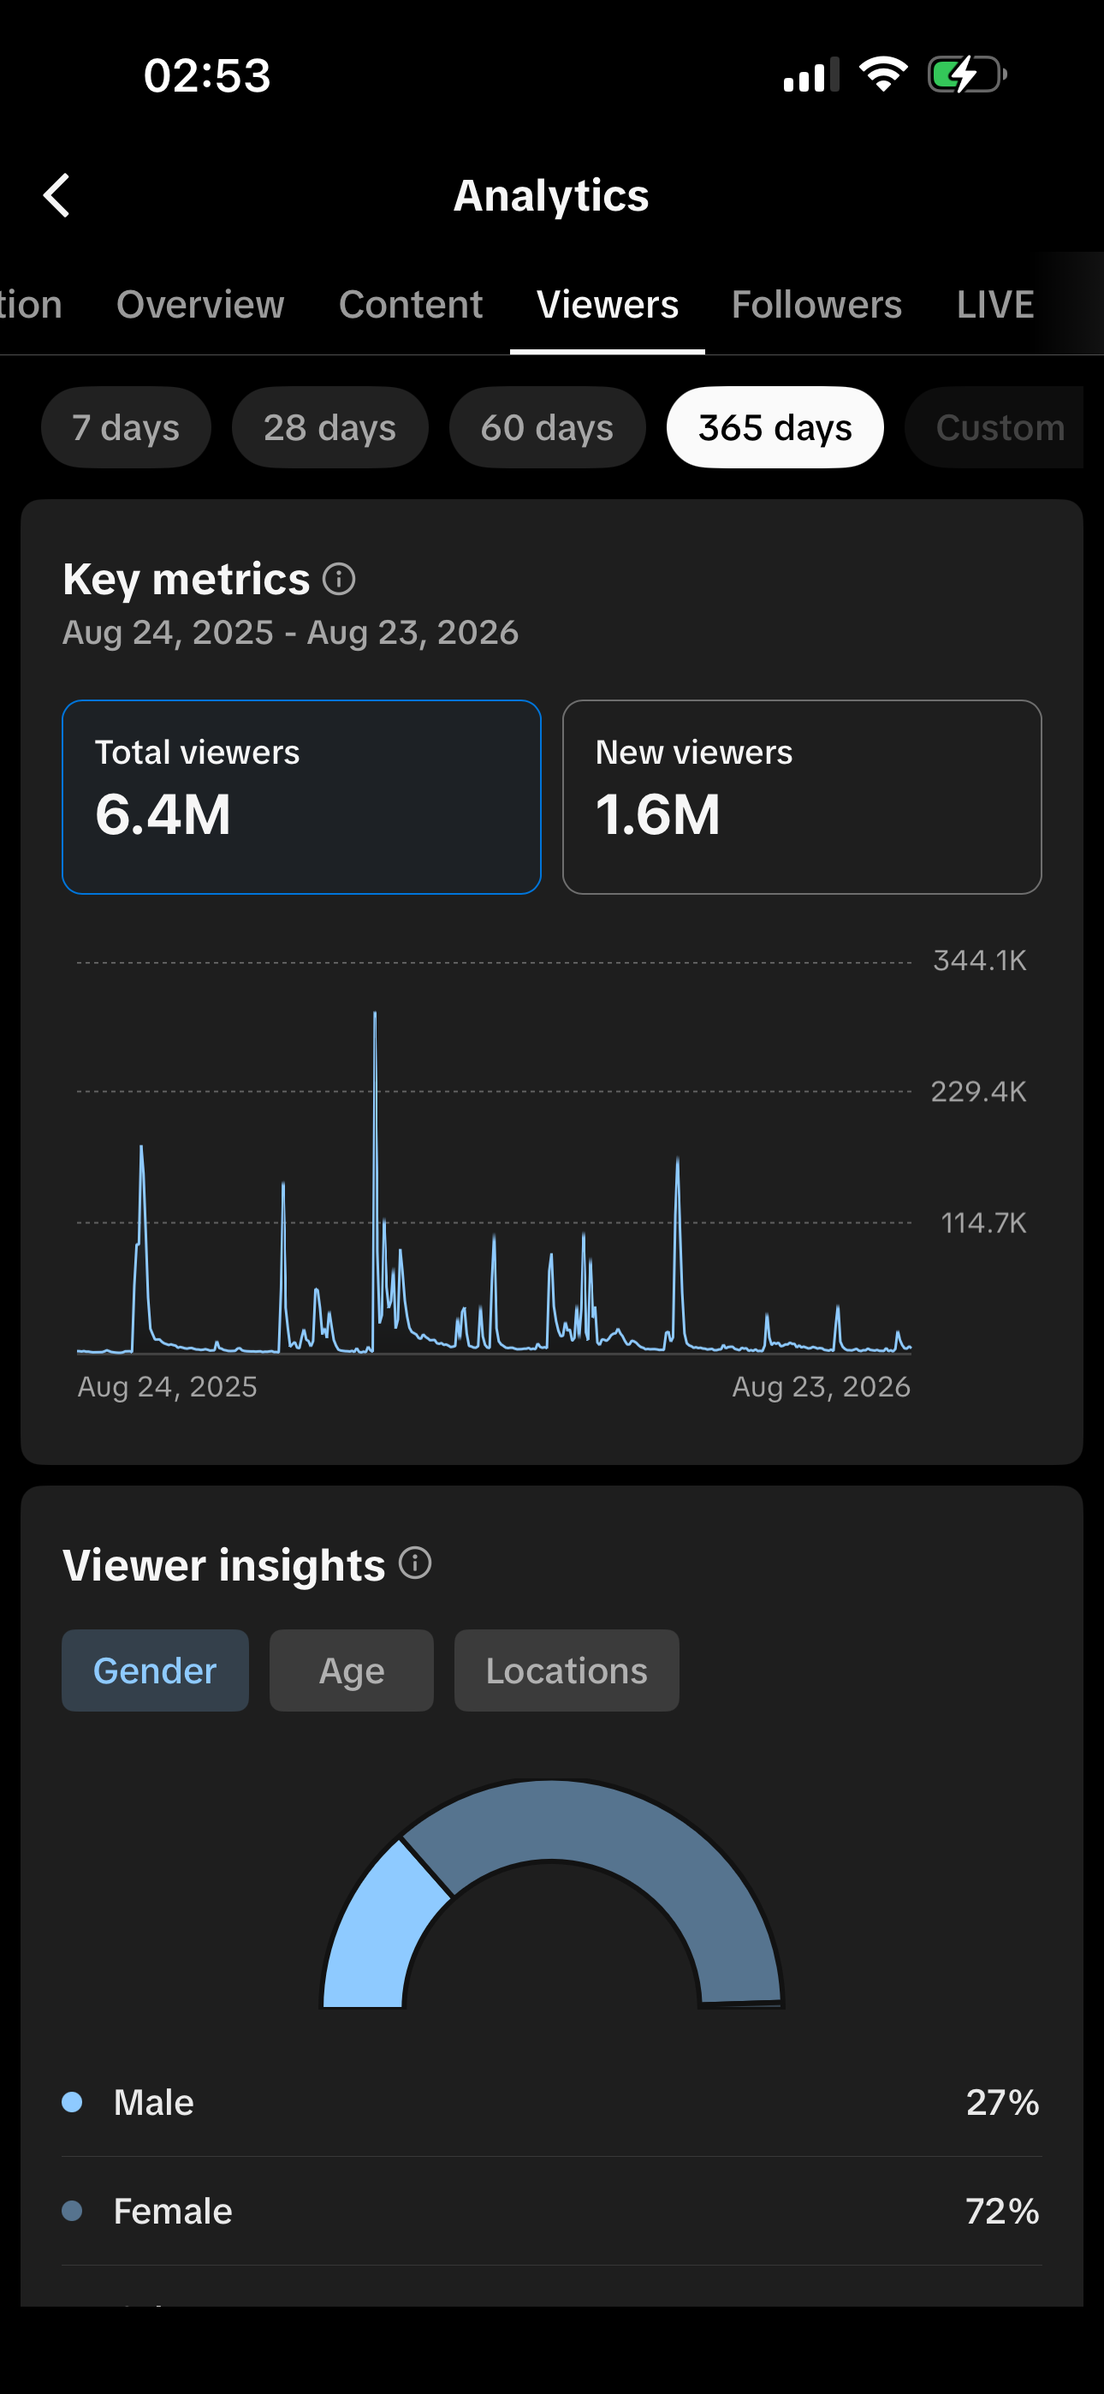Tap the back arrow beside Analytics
click(x=56, y=195)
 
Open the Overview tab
click(x=199, y=305)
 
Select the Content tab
click(x=411, y=305)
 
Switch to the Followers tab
click(x=816, y=305)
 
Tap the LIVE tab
click(x=995, y=305)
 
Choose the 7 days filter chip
click(x=127, y=427)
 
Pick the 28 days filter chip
click(x=329, y=427)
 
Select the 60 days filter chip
click(x=548, y=427)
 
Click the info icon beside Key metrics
click(x=339, y=579)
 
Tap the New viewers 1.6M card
click(x=802, y=797)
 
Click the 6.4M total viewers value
click(x=163, y=815)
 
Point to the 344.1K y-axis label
click(x=979, y=960)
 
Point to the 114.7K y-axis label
click(x=983, y=1222)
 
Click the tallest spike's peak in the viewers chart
click(x=375, y=1012)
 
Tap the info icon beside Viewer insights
click(x=415, y=1563)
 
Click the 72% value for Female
click(x=1002, y=2211)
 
